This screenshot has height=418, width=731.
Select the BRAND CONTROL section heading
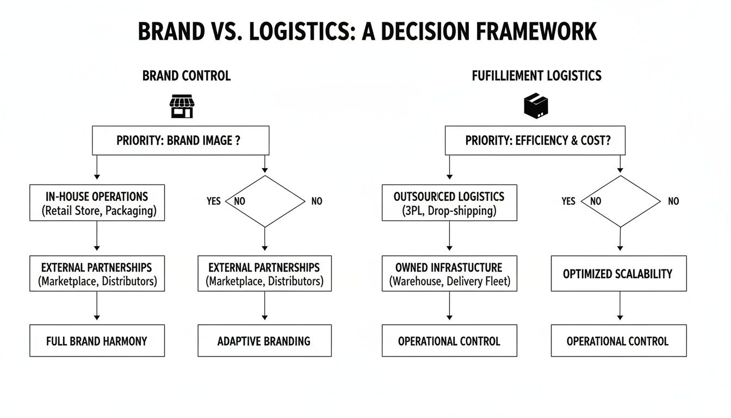(186, 76)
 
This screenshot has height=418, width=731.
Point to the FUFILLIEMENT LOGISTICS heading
(536, 76)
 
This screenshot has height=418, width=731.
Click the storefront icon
(182, 106)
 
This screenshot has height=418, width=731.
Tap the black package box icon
(536, 105)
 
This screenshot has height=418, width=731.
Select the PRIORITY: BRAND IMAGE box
(180, 140)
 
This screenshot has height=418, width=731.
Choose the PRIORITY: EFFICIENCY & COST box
(535, 140)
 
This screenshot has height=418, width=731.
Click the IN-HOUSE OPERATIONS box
(97, 203)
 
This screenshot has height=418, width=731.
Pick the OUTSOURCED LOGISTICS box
(449, 203)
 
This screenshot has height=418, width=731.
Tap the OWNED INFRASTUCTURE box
(449, 274)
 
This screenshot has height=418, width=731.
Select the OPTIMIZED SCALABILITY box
(618, 274)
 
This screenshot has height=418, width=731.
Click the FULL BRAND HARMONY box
(97, 341)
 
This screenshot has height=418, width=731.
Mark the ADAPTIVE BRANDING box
(264, 341)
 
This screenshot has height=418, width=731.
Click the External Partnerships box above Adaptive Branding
(264, 274)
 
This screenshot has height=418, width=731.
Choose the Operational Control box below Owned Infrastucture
(449, 341)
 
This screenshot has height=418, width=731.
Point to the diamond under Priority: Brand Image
(265, 201)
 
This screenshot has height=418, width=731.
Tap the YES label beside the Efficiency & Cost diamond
(568, 201)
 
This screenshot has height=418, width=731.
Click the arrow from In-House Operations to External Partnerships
(97, 238)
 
